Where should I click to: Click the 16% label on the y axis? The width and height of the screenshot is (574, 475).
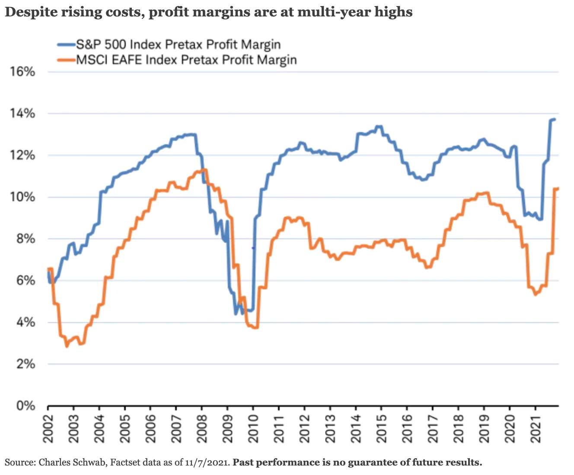tap(22, 72)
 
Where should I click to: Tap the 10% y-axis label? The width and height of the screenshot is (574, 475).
tap(22, 197)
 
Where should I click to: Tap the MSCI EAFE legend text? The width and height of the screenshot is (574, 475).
tap(186, 59)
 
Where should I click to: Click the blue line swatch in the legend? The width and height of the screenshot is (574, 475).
tap(66, 44)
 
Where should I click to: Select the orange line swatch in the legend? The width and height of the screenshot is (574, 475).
tap(66, 59)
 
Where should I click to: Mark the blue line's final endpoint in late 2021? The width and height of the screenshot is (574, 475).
tap(555, 119)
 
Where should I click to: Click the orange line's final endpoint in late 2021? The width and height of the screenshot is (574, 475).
tap(558, 188)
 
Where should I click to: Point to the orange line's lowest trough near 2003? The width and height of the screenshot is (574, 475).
tap(67, 346)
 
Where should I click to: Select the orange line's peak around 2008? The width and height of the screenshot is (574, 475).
tap(205, 170)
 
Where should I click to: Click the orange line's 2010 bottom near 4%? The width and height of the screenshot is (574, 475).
tap(255, 328)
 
